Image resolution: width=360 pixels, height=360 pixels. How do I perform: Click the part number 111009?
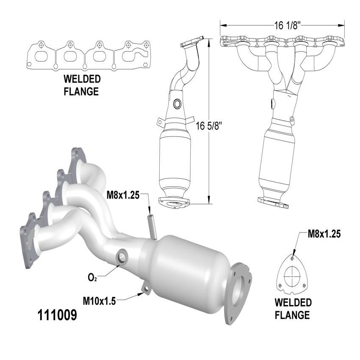point(58,316)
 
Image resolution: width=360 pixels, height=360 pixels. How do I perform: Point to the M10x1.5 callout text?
point(99,301)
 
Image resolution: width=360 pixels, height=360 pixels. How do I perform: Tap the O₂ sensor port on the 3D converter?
point(122,257)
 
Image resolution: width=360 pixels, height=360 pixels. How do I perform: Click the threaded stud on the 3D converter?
point(152,225)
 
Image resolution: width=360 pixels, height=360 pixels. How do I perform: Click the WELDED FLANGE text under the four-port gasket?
point(82,85)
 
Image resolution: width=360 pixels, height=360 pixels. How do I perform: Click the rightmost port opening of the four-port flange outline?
point(133,55)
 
